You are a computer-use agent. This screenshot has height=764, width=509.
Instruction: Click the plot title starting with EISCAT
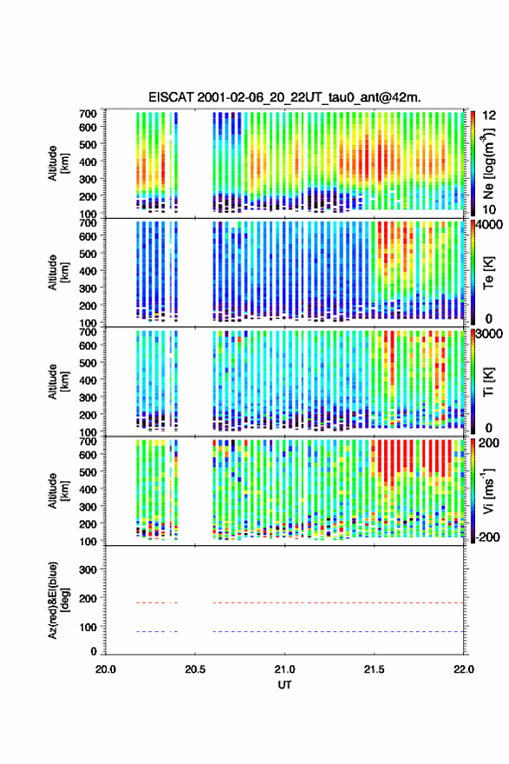(x=284, y=97)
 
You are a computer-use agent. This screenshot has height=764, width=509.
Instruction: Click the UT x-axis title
(x=284, y=685)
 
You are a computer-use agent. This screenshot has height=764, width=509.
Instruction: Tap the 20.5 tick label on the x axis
(x=195, y=669)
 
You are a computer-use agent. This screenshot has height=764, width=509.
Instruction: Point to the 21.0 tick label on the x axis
(x=284, y=669)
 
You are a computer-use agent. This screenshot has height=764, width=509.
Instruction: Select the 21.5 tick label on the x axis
(x=375, y=669)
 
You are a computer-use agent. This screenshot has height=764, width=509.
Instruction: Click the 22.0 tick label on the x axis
(x=464, y=669)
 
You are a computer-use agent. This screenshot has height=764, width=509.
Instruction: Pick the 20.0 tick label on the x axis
(x=106, y=669)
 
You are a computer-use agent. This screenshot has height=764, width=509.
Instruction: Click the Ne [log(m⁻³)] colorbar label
(x=489, y=164)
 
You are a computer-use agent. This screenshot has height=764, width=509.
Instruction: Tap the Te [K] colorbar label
(x=488, y=273)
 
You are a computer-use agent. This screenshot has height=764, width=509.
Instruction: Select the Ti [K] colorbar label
(x=488, y=381)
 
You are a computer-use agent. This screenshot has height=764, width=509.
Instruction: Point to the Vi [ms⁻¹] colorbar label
(x=488, y=491)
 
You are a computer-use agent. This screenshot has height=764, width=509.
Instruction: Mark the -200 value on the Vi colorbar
(x=488, y=537)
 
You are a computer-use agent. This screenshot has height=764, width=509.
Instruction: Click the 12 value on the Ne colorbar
(x=490, y=115)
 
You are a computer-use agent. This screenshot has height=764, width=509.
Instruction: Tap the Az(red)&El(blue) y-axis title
(x=57, y=600)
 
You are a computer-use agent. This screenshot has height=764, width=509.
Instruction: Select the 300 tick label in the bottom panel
(x=88, y=570)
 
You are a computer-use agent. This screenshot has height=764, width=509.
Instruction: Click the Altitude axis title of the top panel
(x=57, y=162)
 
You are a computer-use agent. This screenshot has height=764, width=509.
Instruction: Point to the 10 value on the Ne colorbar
(x=489, y=209)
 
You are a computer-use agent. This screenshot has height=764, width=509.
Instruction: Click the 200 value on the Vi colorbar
(x=489, y=443)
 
